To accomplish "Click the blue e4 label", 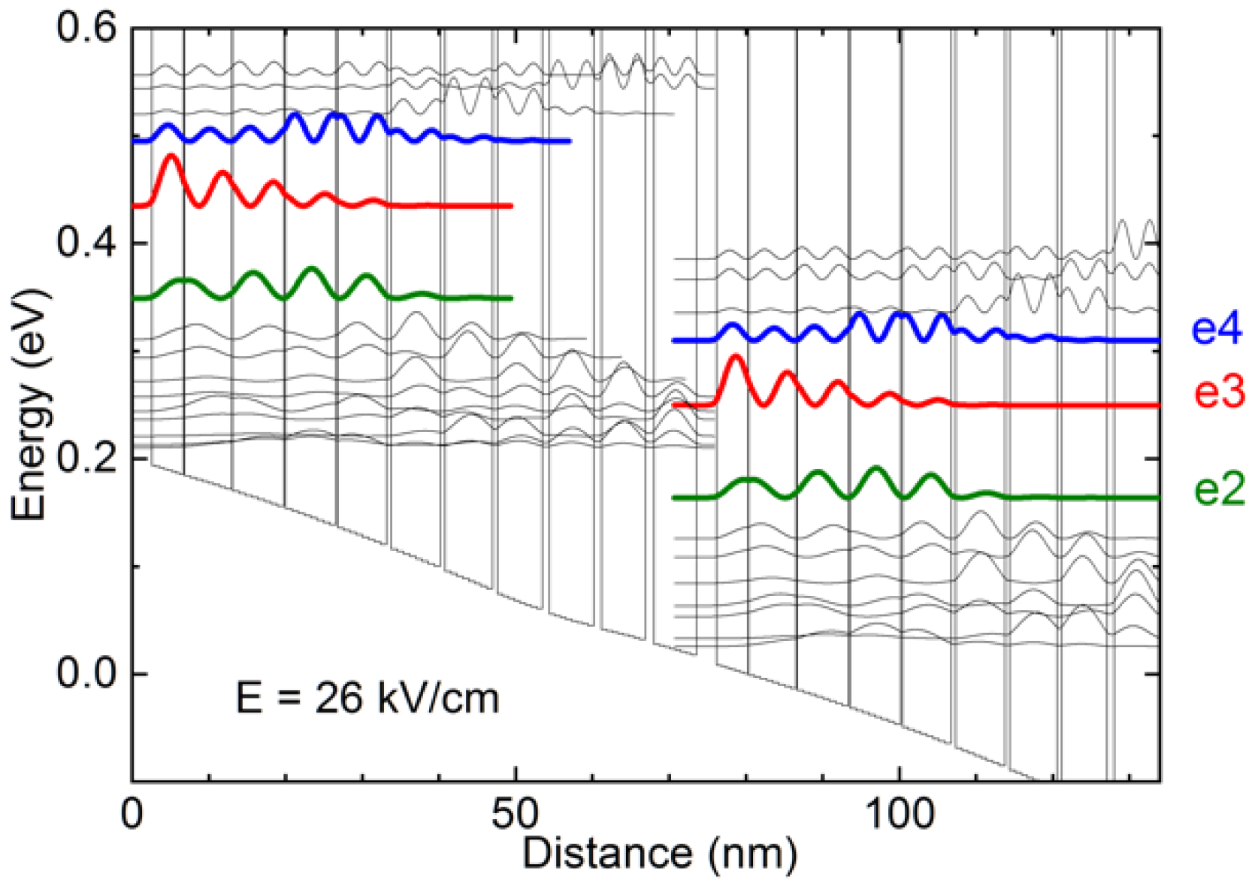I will (1217, 329).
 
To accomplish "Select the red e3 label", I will (1218, 392).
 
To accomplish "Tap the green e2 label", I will (1218, 490).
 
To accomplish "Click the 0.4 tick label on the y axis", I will (87, 243).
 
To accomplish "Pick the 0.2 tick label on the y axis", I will (87, 458).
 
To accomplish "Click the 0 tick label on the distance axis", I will (132, 814).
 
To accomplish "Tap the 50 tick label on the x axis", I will (516, 814).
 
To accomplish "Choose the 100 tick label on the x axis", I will (900, 814).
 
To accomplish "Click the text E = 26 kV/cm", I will (367, 698).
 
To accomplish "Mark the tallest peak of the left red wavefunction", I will (171, 156).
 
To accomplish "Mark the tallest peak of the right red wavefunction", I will (736, 356).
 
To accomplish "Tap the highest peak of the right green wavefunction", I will (875, 468).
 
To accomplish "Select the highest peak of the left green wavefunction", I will (312, 268).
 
